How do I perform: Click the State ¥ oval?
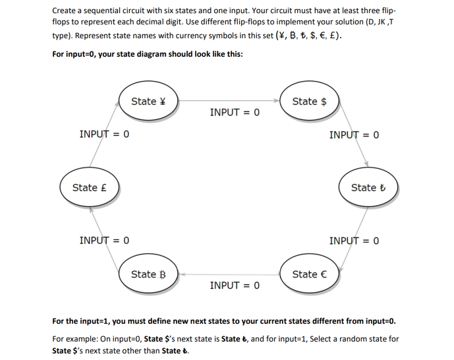[149, 102]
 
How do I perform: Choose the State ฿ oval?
[149, 274]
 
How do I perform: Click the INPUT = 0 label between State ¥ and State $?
[235, 113]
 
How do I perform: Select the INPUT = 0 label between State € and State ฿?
[235, 285]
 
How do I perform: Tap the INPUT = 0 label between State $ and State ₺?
[354, 135]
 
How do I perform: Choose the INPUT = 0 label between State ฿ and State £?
[104, 240]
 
